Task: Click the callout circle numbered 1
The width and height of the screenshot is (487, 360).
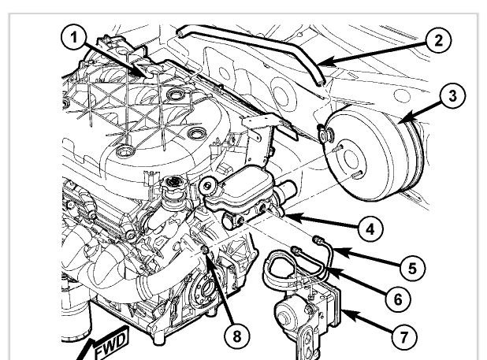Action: click(x=73, y=39)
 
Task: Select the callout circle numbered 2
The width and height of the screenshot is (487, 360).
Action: click(x=438, y=40)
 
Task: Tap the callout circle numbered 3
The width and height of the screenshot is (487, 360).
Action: click(x=453, y=95)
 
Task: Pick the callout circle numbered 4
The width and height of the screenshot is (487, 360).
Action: click(x=370, y=229)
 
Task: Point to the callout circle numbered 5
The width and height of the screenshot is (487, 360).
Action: click(x=412, y=268)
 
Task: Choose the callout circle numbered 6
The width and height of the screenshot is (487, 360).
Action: click(x=398, y=299)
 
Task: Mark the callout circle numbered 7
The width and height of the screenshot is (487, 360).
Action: click(x=404, y=336)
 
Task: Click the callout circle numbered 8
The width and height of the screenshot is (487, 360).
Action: click(x=236, y=336)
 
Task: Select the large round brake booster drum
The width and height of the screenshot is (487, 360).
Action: click(x=373, y=155)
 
